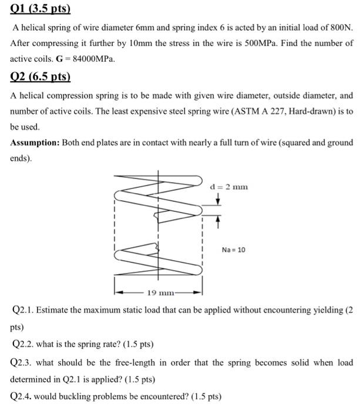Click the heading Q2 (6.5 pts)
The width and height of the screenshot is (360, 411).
point(41,76)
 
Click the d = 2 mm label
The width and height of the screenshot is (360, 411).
point(229,187)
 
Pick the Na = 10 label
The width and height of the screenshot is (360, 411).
point(234,250)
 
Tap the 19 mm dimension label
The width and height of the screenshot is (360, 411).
point(158,292)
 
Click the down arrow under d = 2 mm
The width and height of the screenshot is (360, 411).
point(218,200)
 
